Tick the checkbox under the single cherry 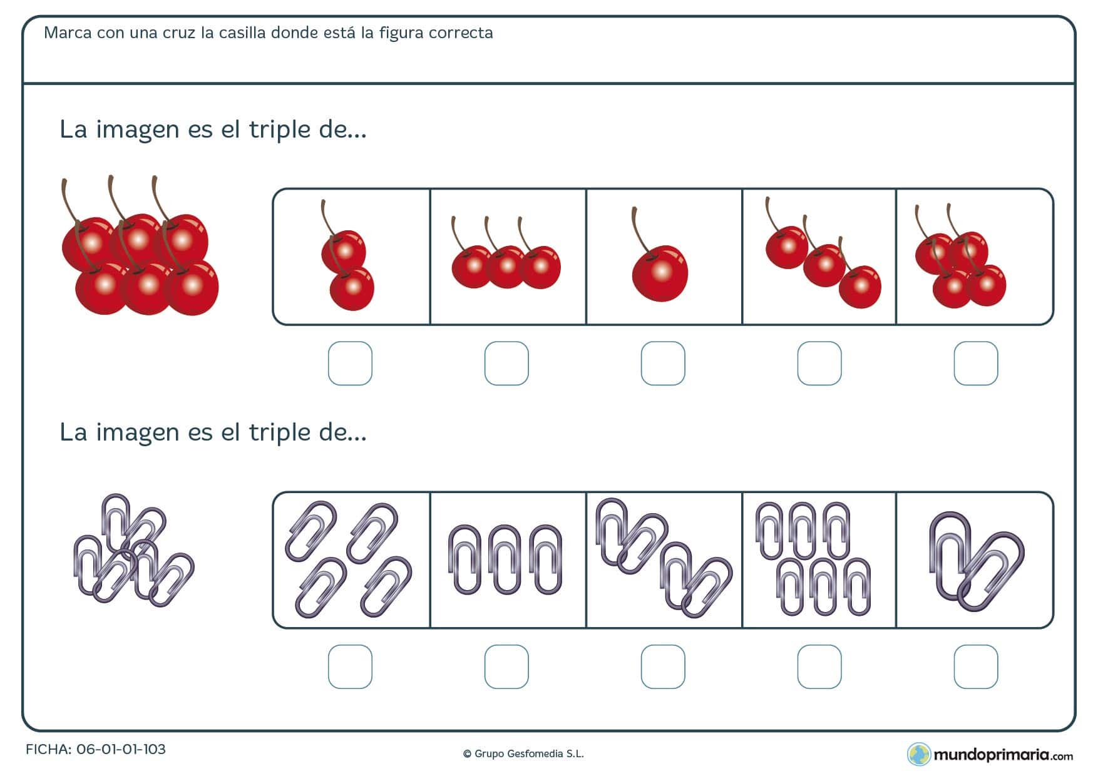[663, 364]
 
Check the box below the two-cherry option [350, 364]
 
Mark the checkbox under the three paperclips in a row [506, 667]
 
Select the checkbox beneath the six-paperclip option [819, 667]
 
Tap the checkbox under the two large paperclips [976, 667]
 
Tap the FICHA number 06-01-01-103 [120, 750]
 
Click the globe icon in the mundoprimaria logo [919, 754]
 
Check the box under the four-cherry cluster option [976, 364]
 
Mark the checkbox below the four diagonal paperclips [350, 667]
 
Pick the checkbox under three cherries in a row [506, 364]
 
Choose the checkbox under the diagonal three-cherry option [819, 364]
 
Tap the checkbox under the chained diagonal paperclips [663, 667]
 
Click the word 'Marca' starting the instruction [68, 33]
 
